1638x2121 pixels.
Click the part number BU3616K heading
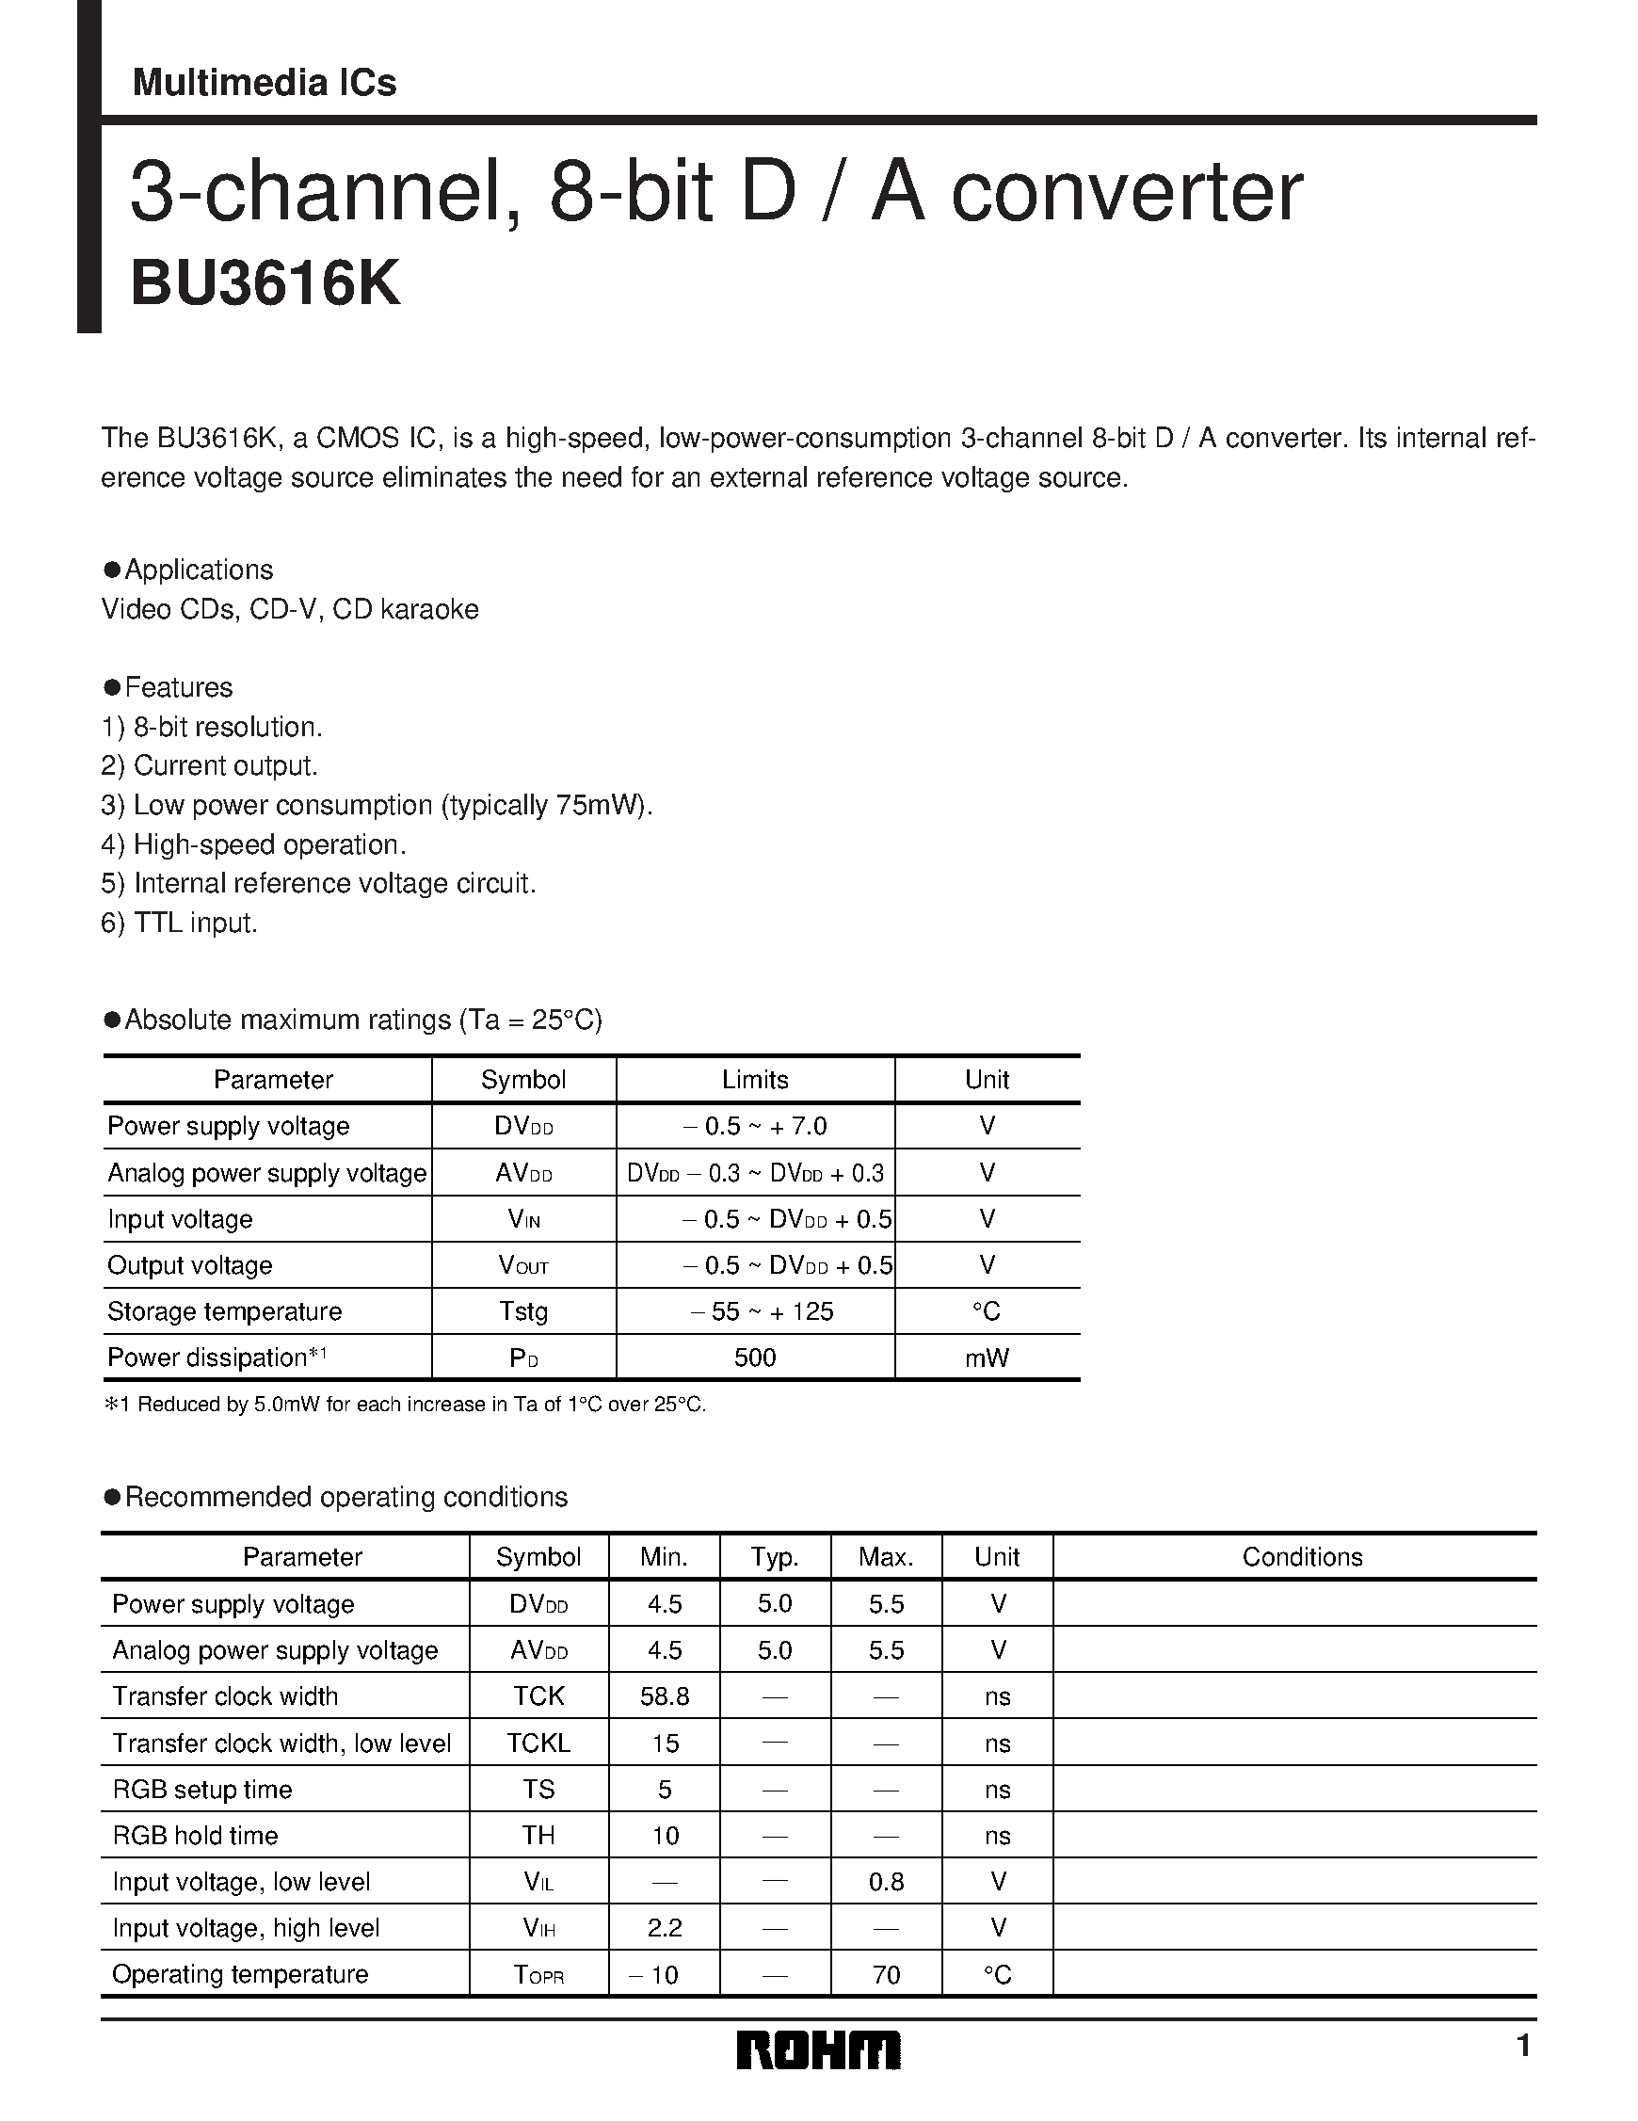[x=265, y=284]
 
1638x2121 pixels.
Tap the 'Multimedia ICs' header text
[x=265, y=83]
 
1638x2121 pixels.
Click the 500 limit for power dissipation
[x=754, y=1358]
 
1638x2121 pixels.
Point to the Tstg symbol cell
[x=523, y=1311]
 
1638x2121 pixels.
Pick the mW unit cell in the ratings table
[x=987, y=1358]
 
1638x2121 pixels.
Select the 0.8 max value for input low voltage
[x=886, y=1881]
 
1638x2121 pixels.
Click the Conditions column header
[x=1301, y=1557]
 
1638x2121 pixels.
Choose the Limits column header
[x=754, y=1079]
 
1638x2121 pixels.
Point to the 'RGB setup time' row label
[x=202, y=1789]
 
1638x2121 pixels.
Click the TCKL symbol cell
[x=538, y=1743]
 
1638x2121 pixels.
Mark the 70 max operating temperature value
[x=886, y=1974]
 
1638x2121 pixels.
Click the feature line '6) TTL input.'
[x=180, y=923]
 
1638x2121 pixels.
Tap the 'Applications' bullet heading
[x=198, y=570]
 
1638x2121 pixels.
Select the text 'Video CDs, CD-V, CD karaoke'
[x=289, y=609]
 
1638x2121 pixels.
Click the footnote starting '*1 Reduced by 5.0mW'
[x=404, y=1405]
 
